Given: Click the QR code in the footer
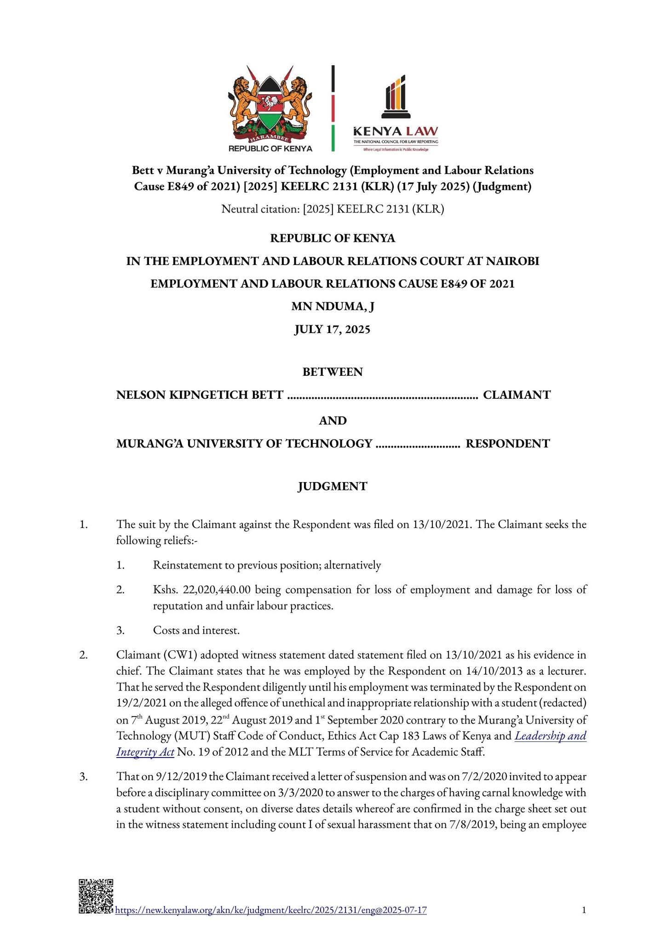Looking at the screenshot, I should tap(96, 896).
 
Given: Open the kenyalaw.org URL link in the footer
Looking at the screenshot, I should tap(270, 910).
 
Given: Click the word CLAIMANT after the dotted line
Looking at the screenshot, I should tap(517, 395).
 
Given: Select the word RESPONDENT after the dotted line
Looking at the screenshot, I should tap(508, 443).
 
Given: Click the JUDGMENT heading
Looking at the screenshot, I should tap(333, 486).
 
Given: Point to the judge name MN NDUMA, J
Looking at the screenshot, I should tap(333, 306).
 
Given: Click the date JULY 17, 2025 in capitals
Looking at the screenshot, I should tap(333, 329).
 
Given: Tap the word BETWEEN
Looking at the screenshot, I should tap(333, 372).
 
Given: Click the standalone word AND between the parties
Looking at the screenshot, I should tap(333, 420).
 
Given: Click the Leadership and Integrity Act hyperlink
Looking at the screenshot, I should tap(550, 735).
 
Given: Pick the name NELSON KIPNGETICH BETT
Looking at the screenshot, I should tap(200, 395).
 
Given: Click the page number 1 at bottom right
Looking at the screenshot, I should tap(584, 910).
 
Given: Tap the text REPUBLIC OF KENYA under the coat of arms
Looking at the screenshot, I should tap(270, 149).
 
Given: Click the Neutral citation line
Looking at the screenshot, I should tap(333, 209).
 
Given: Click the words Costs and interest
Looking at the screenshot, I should tap(196, 630).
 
